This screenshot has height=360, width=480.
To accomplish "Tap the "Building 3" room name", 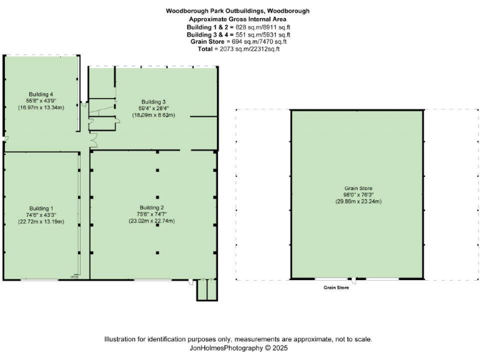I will (153, 101).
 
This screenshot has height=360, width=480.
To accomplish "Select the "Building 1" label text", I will (41, 207).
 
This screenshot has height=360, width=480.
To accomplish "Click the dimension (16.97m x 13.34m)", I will (41, 107).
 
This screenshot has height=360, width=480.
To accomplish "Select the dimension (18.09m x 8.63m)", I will (153, 115).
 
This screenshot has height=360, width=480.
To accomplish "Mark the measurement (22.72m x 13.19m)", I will (41, 221).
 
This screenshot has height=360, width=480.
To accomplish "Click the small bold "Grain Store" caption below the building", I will (336, 288).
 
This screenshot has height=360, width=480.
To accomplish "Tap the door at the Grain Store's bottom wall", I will (355, 279).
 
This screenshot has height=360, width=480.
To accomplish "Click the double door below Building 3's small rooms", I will (93, 141).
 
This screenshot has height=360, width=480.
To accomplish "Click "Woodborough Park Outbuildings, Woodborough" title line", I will (237, 11).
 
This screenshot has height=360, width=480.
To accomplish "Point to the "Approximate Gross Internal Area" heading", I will (237, 19).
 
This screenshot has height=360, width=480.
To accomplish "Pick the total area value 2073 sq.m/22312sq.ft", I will (248, 49).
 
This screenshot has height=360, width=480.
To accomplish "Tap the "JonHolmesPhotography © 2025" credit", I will (237, 348).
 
